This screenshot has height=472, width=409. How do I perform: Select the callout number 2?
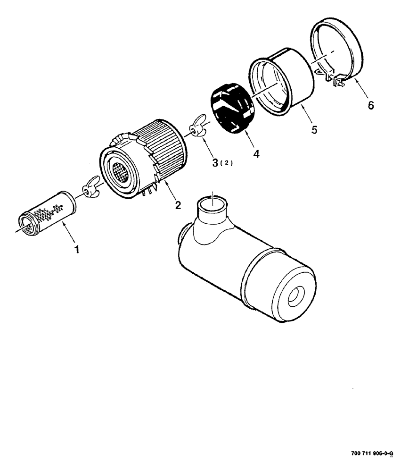[x=178, y=204]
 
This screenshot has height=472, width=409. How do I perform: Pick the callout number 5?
[x=313, y=128]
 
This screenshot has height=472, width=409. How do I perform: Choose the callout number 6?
[x=371, y=105]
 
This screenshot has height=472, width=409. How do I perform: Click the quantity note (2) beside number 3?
[x=228, y=163]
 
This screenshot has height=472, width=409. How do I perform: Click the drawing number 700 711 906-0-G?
[x=372, y=454]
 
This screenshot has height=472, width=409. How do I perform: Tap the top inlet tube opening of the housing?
[x=213, y=203]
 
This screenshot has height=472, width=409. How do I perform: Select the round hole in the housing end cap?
[x=296, y=296]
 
